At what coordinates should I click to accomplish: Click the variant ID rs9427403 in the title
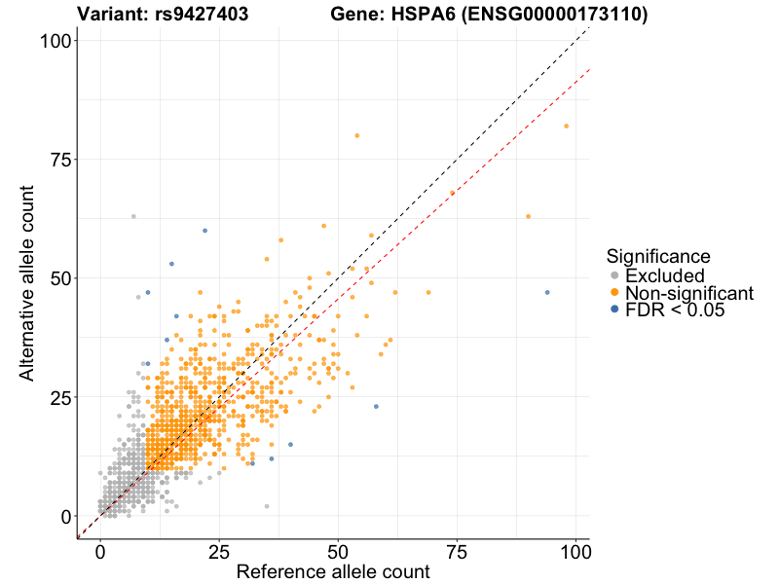[x=201, y=14]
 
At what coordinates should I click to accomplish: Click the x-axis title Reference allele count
[x=333, y=571]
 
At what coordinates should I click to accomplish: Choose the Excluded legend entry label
[x=664, y=276]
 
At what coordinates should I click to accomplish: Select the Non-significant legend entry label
[x=689, y=293]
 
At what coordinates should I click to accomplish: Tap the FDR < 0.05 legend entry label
[x=676, y=310]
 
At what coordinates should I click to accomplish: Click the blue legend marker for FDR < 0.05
[x=613, y=310]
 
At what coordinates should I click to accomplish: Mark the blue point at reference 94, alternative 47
[x=547, y=292]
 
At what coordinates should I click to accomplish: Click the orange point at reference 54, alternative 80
[x=357, y=135]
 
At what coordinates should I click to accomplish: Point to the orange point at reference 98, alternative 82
[x=566, y=126]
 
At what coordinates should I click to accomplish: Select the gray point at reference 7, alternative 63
[x=133, y=216]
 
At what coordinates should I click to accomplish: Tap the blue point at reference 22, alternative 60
[x=204, y=231]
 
